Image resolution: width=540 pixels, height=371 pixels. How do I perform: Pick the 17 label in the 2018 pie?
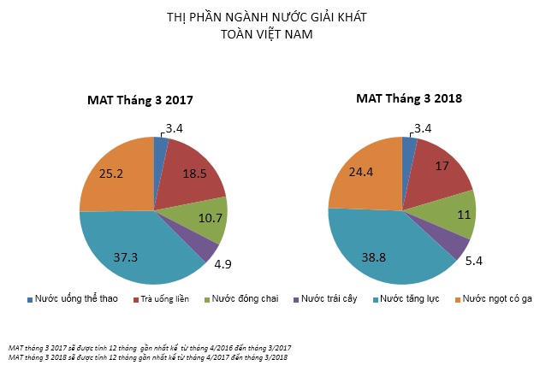tap(442, 168)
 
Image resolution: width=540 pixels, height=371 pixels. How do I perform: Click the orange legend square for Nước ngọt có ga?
tap(460, 299)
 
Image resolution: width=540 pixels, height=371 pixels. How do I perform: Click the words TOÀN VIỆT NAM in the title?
tap(270, 35)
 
